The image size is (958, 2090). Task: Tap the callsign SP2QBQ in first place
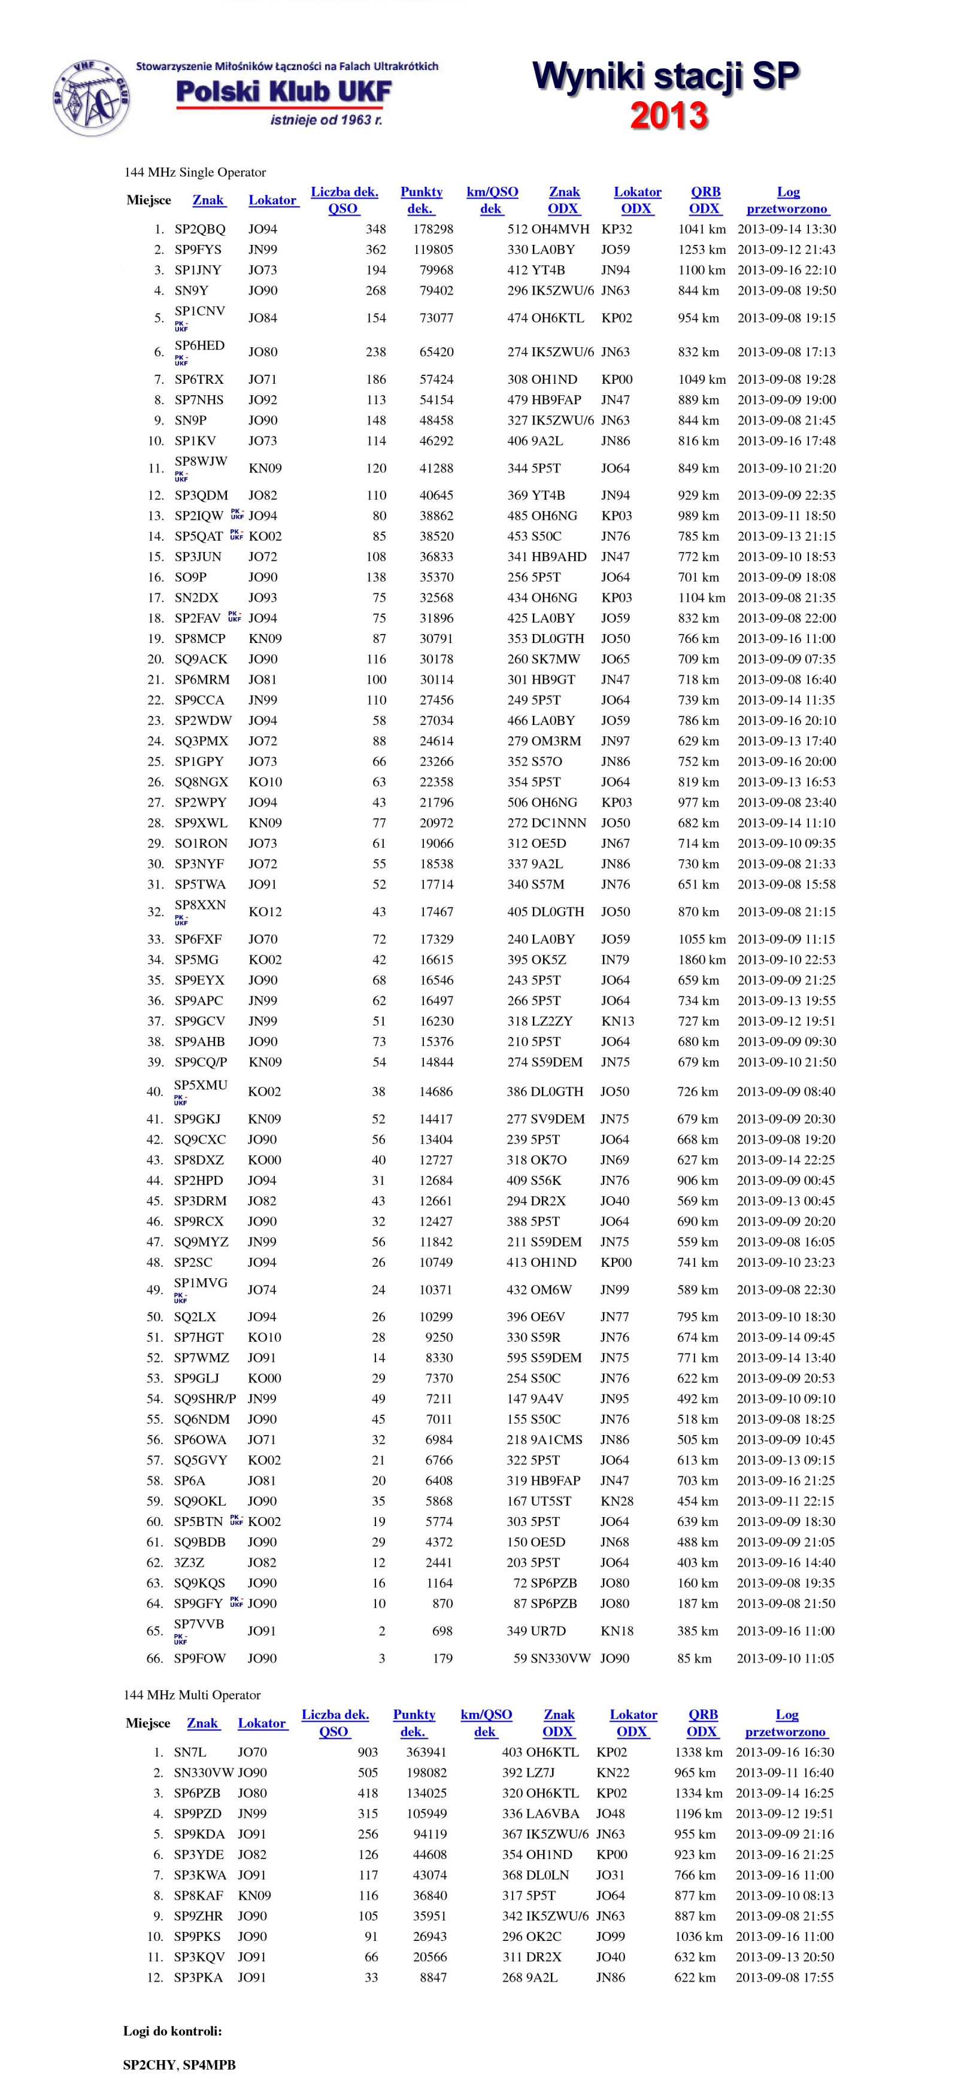click(199, 229)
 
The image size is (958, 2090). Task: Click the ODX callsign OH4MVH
click(560, 229)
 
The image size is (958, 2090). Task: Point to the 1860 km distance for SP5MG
click(701, 959)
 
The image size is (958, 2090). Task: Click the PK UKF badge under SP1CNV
click(181, 326)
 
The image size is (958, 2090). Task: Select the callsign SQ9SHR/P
click(204, 1398)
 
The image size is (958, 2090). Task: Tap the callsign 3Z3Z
click(189, 1562)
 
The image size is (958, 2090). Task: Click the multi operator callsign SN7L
click(190, 1752)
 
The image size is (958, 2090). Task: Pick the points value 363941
click(426, 1752)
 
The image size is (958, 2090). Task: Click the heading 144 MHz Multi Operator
click(192, 1695)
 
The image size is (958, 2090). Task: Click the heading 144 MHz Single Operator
click(195, 172)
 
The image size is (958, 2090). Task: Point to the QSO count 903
click(368, 1752)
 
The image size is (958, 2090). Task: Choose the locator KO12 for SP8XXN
click(265, 911)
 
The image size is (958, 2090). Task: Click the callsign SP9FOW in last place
click(199, 1658)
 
